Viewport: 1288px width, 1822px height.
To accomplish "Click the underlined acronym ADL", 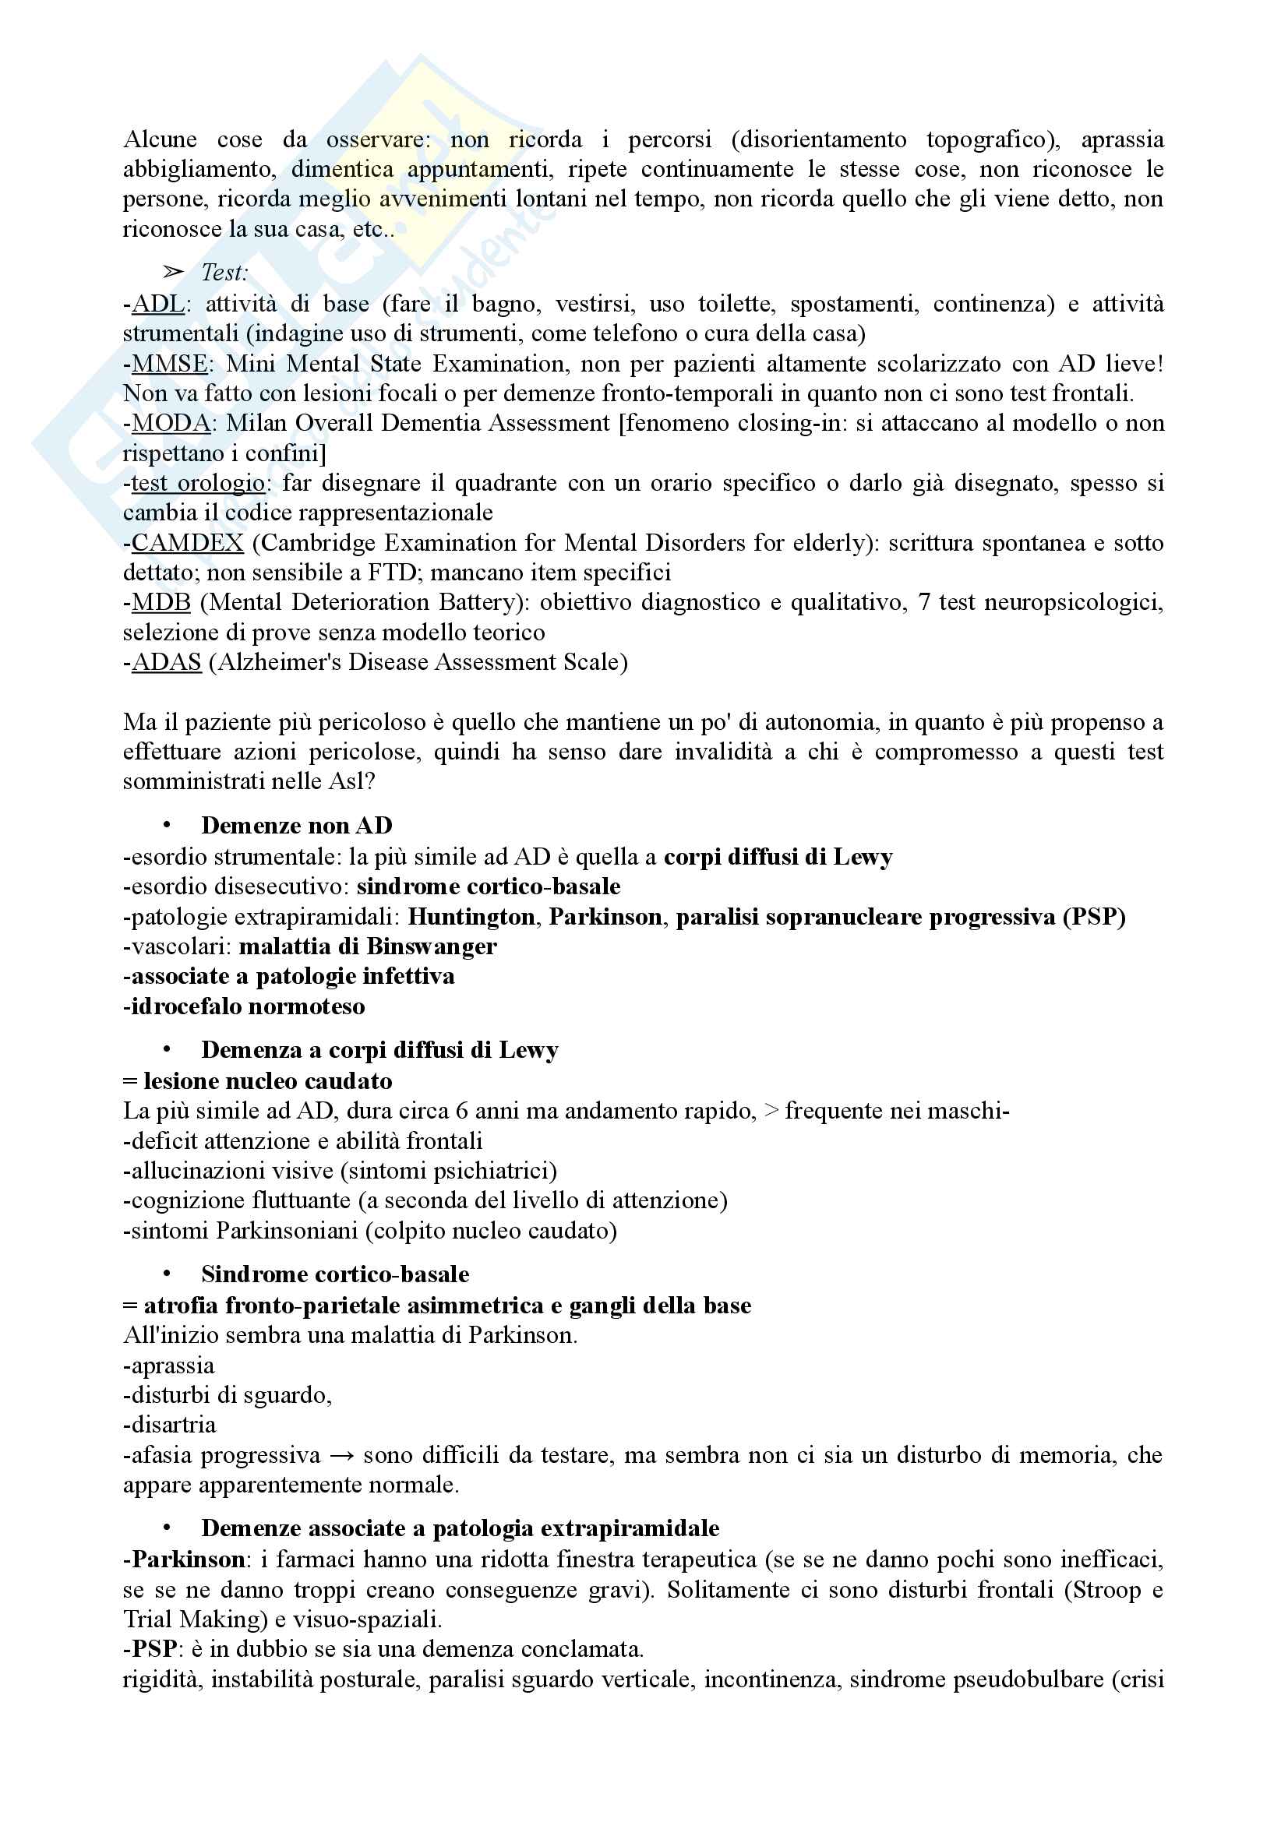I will click(157, 304).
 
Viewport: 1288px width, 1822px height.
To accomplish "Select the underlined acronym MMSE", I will click(169, 365).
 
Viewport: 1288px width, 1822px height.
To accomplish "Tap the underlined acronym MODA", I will click(171, 424).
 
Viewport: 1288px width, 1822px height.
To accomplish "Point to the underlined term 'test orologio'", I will click(198, 483).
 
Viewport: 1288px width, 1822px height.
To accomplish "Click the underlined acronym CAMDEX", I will click(187, 544).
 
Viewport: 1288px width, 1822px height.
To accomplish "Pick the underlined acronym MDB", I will click(161, 603).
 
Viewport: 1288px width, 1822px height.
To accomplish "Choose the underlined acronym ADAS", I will click(166, 663).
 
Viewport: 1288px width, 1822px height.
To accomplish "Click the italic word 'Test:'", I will click(224, 273).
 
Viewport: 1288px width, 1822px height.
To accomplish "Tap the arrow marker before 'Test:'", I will click(173, 273).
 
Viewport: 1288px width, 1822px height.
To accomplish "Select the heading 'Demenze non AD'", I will click(297, 826).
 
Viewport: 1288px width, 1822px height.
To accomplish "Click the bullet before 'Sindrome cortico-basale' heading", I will click(168, 1274).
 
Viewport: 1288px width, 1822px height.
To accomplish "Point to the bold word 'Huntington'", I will click(471, 918).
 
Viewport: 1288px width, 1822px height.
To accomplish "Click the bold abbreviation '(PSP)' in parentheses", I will click(1094, 918).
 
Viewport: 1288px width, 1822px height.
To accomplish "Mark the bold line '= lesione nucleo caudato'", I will click(258, 1082).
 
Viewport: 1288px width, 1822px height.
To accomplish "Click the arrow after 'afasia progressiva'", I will click(341, 1456).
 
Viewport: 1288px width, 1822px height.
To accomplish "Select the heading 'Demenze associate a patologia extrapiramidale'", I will click(461, 1528).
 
